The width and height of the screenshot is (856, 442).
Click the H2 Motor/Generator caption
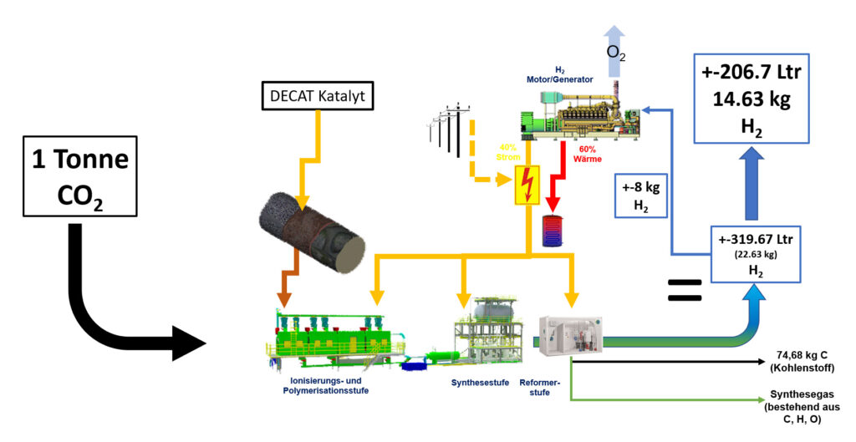point(561,75)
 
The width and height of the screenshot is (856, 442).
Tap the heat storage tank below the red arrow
point(553,231)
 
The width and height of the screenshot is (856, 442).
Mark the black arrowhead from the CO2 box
point(188,343)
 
